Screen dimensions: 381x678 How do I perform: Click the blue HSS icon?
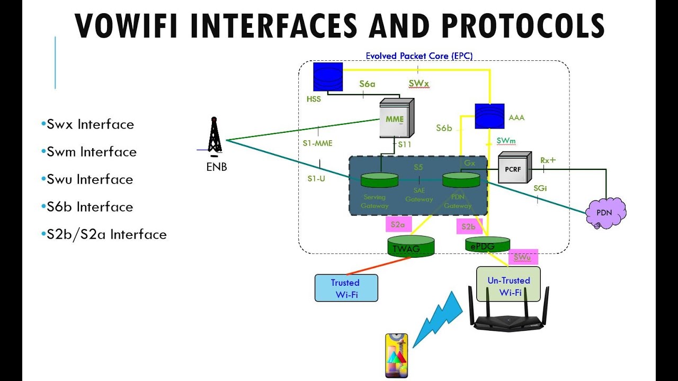click(x=328, y=77)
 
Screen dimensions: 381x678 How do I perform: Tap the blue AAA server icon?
click(x=488, y=116)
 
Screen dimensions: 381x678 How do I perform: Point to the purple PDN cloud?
click(x=605, y=212)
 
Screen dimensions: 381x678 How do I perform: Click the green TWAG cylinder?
click(x=411, y=246)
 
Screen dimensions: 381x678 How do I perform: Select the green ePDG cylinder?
click(x=487, y=244)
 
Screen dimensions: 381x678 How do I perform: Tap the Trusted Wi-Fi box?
click(x=346, y=288)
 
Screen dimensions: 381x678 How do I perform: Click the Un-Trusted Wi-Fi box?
click(x=508, y=286)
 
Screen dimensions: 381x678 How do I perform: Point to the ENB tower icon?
click(x=213, y=137)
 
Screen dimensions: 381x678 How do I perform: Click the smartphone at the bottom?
click(x=396, y=355)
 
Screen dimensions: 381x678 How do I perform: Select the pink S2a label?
click(x=398, y=224)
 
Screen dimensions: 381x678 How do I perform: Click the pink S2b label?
click(x=469, y=226)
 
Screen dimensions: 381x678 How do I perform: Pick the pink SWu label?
click(x=523, y=257)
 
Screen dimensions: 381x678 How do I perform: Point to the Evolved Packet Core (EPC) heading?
click(x=419, y=56)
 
